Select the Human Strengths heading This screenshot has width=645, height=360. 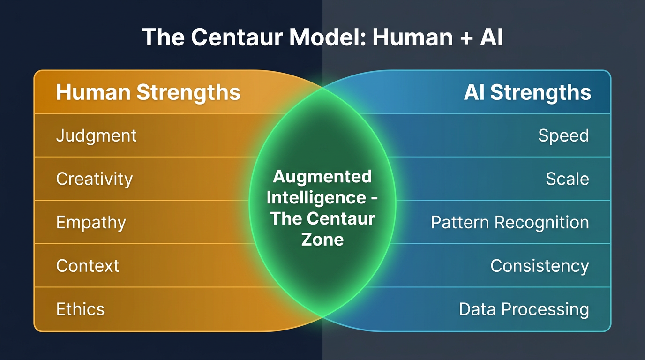pyautogui.click(x=148, y=92)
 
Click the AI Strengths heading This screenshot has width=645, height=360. pyautogui.click(x=527, y=92)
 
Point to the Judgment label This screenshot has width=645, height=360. pyautogui.click(x=96, y=136)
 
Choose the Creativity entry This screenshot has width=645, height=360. pyautogui.click(x=94, y=179)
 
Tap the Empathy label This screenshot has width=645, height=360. pyautogui.click(x=91, y=222)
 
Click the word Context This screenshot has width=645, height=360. pyautogui.click(x=88, y=266)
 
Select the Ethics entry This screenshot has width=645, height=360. pyautogui.click(x=80, y=309)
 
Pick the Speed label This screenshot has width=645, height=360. pyautogui.click(x=563, y=136)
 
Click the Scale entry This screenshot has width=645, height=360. pyautogui.click(x=567, y=179)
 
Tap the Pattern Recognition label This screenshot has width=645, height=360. pyautogui.click(x=510, y=222)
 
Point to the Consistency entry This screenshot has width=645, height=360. pyautogui.click(x=540, y=266)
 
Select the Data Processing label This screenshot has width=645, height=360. pyautogui.click(x=524, y=309)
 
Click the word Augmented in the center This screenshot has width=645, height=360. pyautogui.click(x=322, y=177)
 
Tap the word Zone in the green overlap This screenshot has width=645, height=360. pyautogui.click(x=322, y=240)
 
